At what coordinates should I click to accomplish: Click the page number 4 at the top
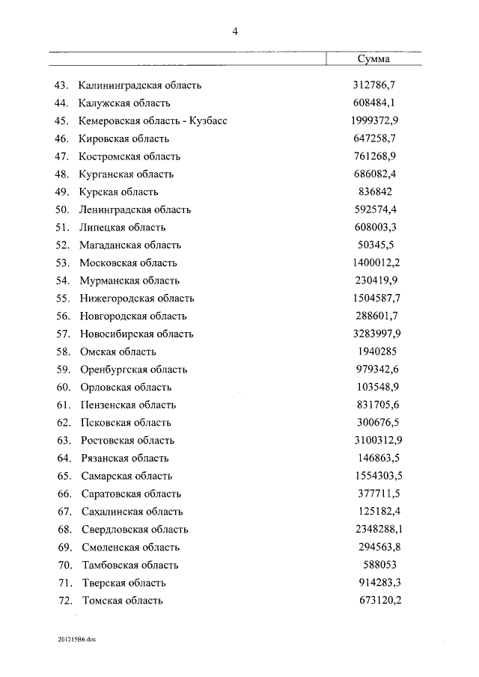point(235,31)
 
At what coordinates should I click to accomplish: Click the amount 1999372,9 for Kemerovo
point(375,120)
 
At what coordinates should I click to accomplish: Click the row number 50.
point(63,209)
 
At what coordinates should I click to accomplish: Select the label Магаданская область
point(130,245)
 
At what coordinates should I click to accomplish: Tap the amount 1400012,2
point(375,263)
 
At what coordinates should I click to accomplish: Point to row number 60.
point(63,387)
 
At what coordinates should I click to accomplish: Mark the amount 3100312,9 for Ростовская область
point(375,440)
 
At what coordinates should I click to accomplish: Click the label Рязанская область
point(123,458)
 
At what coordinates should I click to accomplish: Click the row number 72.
point(63,600)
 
